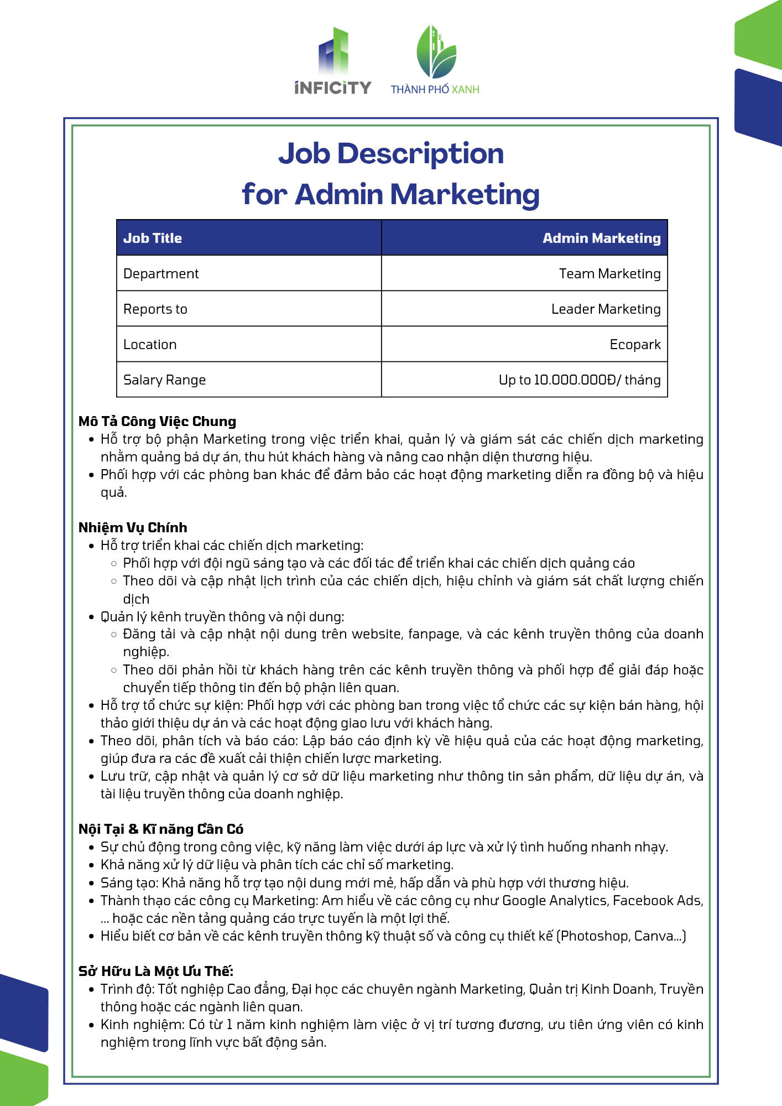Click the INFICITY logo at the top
tap(333, 61)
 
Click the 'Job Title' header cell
tap(153, 238)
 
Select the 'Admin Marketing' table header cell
tap(601, 238)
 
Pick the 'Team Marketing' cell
tap(609, 274)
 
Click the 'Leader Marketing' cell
tap(606, 309)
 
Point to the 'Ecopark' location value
tap(635, 345)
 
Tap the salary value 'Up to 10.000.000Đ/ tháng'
tap(579, 380)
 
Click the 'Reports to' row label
tap(155, 309)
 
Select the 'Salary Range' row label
tap(164, 380)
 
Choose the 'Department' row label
tap(161, 274)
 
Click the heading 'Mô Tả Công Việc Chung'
tap(157, 422)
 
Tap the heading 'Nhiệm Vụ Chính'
tap(133, 528)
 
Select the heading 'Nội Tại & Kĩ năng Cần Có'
tap(161, 829)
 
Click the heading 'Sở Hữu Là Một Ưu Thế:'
tap(156, 972)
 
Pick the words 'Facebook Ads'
tap(657, 901)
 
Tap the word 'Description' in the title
tap(420, 154)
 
